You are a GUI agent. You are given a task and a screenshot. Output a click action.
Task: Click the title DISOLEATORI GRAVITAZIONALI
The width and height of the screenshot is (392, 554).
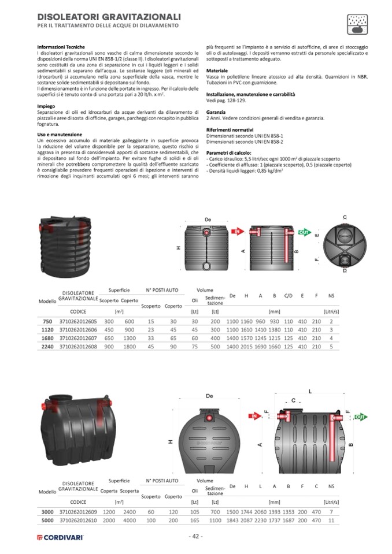click(x=109, y=17)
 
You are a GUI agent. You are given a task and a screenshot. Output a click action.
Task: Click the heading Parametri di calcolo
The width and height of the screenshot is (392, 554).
click(x=227, y=153)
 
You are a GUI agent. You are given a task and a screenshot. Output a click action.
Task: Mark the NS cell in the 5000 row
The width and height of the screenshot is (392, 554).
click(x=331, y=520)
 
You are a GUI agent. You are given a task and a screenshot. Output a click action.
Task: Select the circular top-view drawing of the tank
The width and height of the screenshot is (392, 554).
click(x=345, y=243)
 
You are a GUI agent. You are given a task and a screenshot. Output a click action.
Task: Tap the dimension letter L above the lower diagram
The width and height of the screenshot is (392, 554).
click(x=310, y=391)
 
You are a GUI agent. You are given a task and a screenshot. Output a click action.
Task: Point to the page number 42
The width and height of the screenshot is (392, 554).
click(x=196, y=536)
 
